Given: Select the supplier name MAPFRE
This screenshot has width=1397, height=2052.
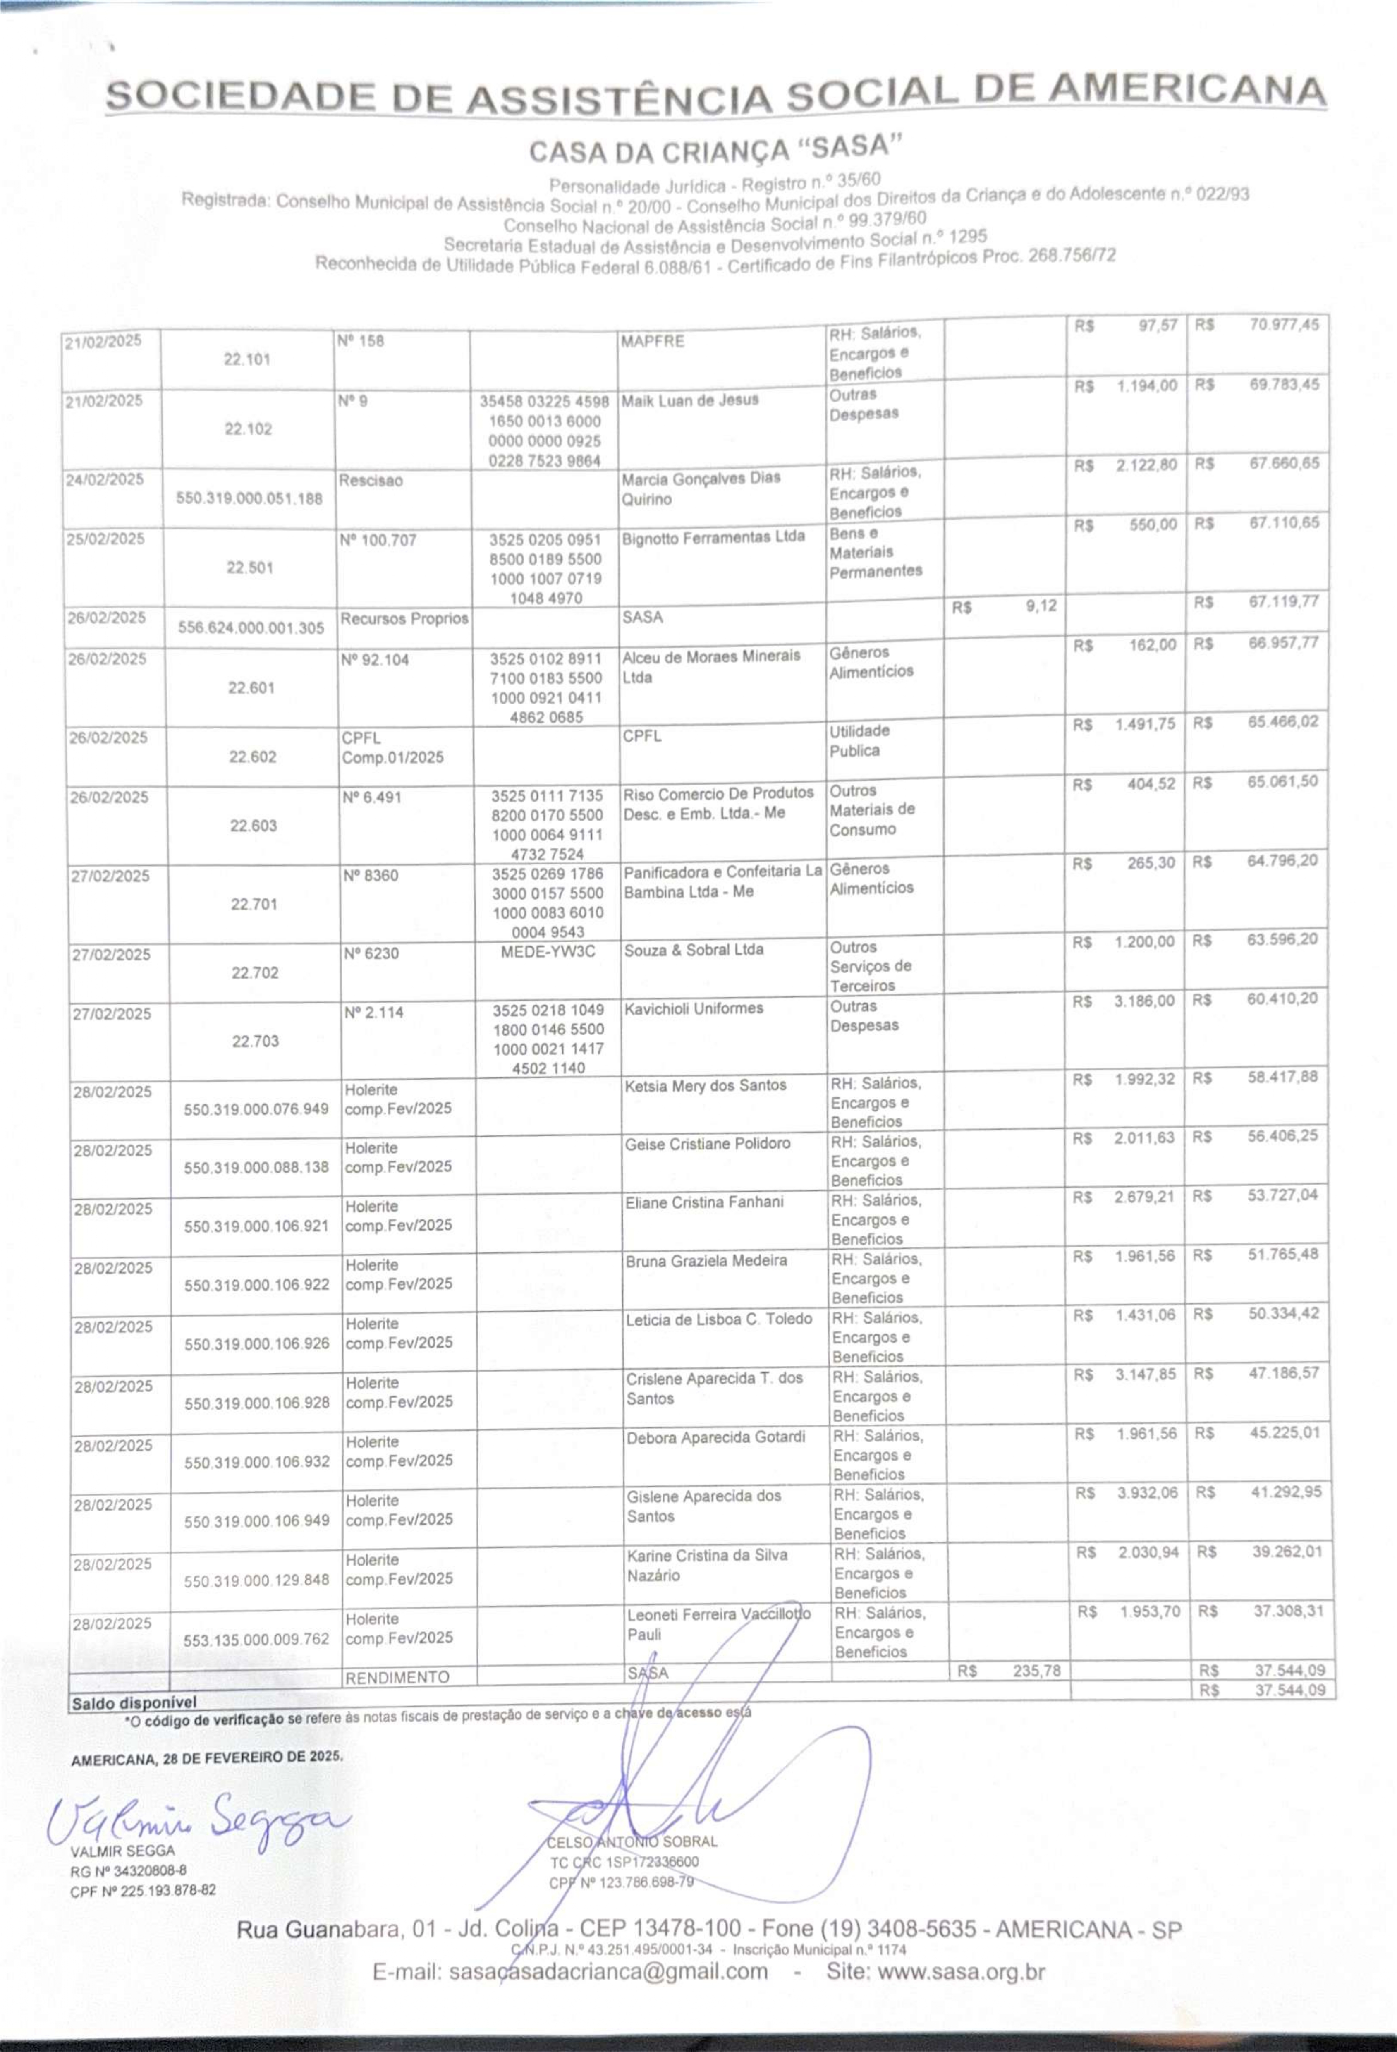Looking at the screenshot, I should tap(652, 341).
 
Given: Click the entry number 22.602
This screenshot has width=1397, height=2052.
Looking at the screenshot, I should tap(253, 757).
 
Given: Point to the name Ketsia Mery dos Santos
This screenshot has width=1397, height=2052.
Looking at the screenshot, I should tap(705, 1085).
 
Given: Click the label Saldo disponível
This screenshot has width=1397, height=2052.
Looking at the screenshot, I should tap(134, 1702).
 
